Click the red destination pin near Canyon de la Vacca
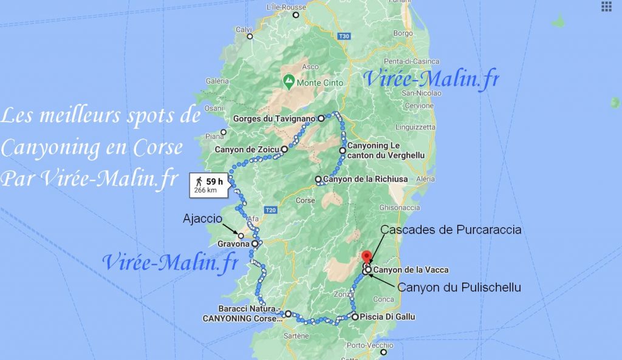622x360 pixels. point(366,256)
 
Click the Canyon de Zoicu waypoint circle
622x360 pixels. point(284,149)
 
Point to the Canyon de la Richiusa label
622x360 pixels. point(365,179)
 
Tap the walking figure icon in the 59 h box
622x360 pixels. point(198,181)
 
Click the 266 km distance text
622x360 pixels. point(205,190)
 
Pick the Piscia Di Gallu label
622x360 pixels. point(388,316)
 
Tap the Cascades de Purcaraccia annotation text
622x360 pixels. point(451,229)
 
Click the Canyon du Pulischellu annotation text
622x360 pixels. point(459,287)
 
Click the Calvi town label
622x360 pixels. point(244,29)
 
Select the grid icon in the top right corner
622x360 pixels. point(606,7)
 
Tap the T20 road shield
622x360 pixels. point(271,210)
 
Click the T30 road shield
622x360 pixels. point(344,36)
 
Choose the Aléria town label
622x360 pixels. point(425,179)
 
